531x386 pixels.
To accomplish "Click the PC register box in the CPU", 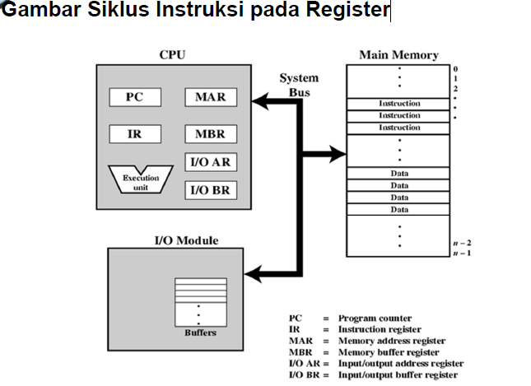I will pyautogui.click(x=135, y=97).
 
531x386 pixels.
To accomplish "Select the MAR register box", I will pyautogui.click(x=210, y=97).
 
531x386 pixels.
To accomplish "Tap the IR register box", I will pyautogui.click(x=135, y=133).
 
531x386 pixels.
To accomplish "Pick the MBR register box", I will pyautogui.click(x=210, y=133).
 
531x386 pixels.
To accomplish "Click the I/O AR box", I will pyautogui.click(x=210, y=162).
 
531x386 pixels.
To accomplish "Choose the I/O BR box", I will pyautogui.click(x=210, y=190).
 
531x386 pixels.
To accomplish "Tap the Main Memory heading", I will pyautogui.click(x=398, y=55).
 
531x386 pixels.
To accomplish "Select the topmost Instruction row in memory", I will pyautogui.click(x=398, y=104).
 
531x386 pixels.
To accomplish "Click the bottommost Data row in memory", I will pyautogui.click(x=398, y=210).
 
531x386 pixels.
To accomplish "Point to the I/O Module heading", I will pyautogui.click(x=186, y=240).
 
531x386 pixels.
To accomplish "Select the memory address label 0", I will pyautogui.click(x=454, y=69).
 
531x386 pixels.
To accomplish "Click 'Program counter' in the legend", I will pyautogui.click(x=375, y=318).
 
